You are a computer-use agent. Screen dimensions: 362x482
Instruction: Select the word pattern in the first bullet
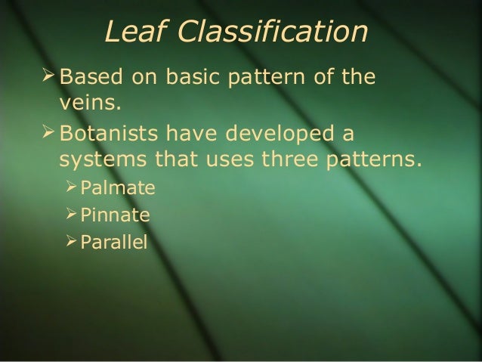click(x=267, y=78)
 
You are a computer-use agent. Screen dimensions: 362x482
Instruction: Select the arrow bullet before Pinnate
click(x=70, y=216)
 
